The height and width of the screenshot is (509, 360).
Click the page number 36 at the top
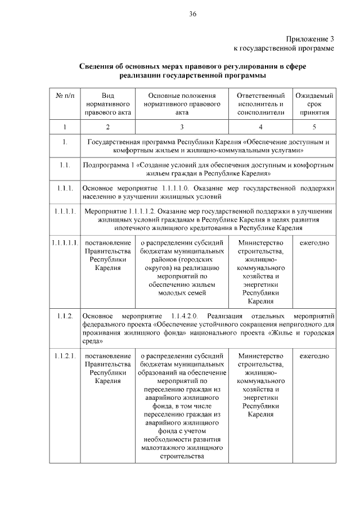[192, 13]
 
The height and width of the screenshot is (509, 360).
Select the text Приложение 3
[310, 39]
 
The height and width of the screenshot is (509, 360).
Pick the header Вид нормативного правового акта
[107, 103]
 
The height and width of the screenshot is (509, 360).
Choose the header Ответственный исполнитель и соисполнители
[260, 103]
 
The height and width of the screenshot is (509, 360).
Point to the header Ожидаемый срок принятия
[314, 103]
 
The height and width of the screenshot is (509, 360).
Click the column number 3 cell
[182, 127]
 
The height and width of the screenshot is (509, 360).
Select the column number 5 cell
[314, 127]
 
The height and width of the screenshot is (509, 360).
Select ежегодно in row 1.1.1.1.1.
[314, 242]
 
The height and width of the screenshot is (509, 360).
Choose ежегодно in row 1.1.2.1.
[314, 356]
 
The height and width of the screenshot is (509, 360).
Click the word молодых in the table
[170, 292]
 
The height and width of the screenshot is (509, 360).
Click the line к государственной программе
[283, 49]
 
